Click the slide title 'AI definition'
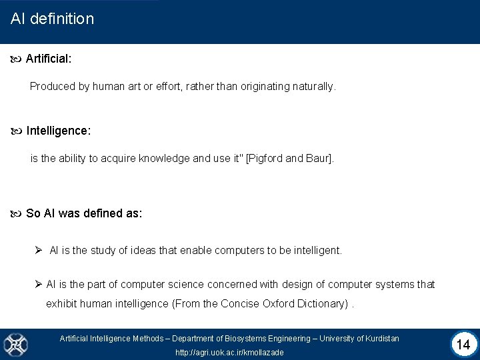click(x=53, y=19)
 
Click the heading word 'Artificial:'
click(x=49, y=59)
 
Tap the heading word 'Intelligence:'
click(x=59, y=131)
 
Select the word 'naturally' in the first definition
click(x=313, y=86)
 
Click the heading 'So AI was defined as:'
click(x=84, y=213)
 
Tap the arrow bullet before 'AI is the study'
click(x=39, y=250)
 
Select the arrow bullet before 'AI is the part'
click(x=39, y=284)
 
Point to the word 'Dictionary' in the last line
click(x=323, y=304)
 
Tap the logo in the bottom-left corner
click(x=14, y=344)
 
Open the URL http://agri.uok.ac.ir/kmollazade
click(x=229, y=352)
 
